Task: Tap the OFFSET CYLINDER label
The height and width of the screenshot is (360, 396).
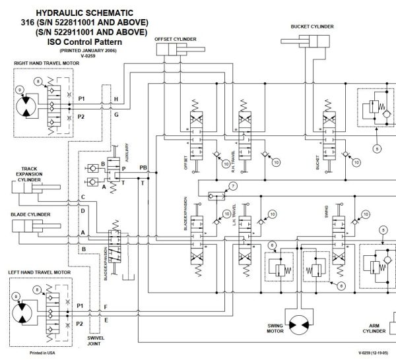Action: pos(175,39)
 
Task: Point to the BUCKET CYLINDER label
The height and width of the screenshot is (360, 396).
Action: pos(312,26)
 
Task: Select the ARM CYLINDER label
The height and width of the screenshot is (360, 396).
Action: pos(373,328)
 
